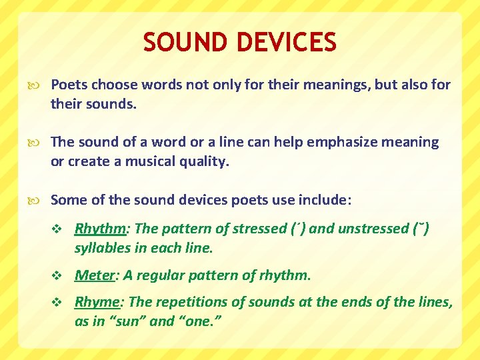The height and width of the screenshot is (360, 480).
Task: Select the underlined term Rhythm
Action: pyautogui.click(x=101, y=229)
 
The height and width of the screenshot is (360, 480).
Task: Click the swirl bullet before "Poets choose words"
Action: pyautogui.click(x=37, y=85)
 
